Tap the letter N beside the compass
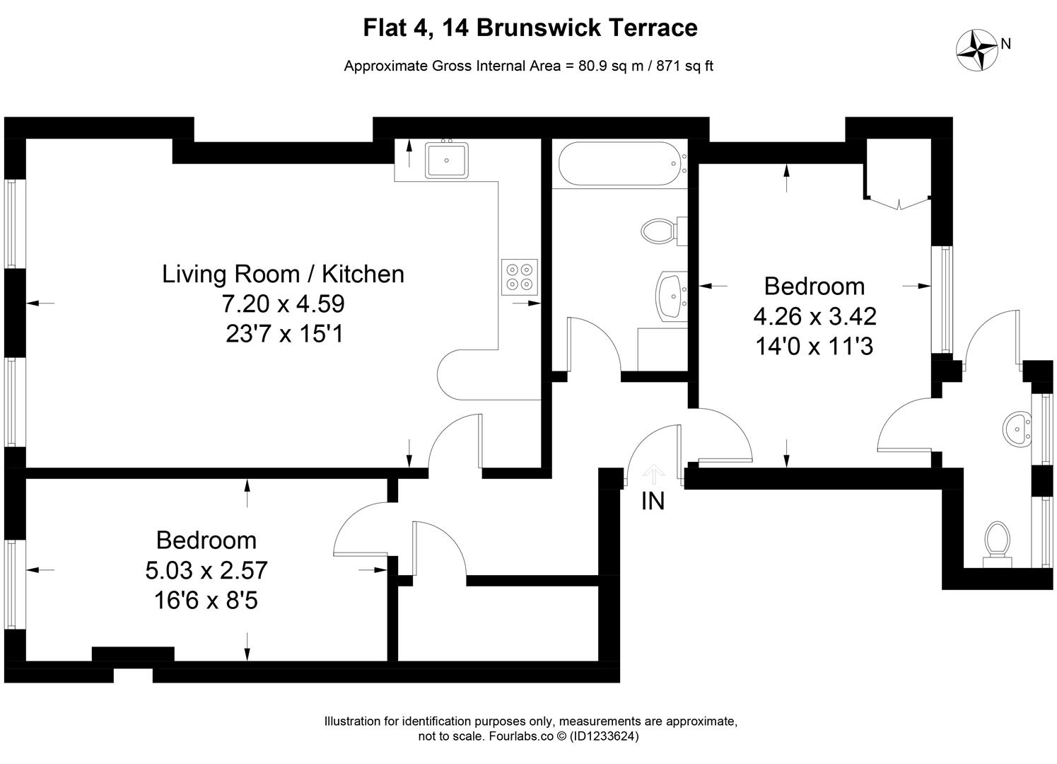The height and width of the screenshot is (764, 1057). click(x=1006, y=44)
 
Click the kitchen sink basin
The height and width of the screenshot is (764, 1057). click(x=446, y=161)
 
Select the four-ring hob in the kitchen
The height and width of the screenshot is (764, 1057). click(x=520, y=277)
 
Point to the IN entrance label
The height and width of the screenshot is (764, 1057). click(x=653, y=501)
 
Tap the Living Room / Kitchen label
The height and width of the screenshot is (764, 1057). click(x=283, y=274)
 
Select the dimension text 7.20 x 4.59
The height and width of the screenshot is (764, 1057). click(x=283, y=303)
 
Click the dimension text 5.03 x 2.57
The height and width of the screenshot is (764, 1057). click(x=206, y=570)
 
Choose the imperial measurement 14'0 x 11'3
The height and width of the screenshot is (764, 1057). click(x=814, y=346)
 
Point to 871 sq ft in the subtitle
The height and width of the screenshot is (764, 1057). click(x=685, y=66)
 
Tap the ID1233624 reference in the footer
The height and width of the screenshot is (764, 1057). click(x=603, y=736)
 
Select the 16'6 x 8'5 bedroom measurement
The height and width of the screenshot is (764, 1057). click(x=206, y=601)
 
